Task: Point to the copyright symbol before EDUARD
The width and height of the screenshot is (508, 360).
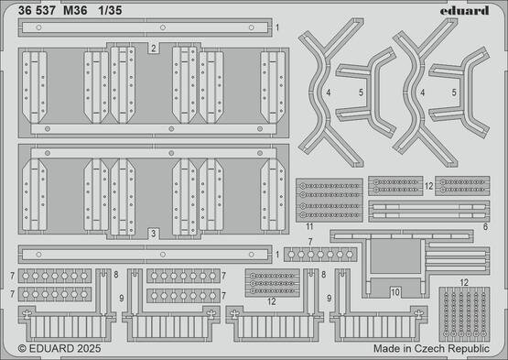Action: [23, 349]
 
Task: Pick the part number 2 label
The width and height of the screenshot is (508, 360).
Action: [154, 46]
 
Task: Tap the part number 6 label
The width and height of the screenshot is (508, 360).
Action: [484, 225]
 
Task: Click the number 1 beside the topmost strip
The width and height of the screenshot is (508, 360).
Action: [277, 28]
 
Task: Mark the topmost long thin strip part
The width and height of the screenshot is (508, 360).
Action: [146, 28]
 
